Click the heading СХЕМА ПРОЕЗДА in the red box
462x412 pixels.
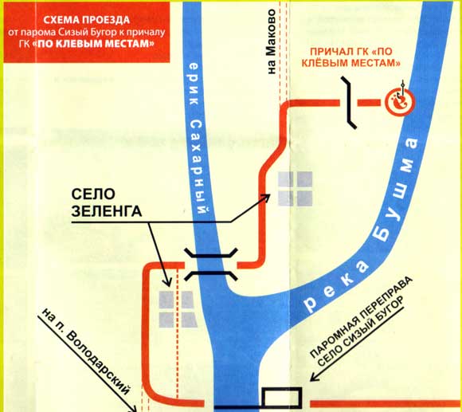click(x=86, y=20)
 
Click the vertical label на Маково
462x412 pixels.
click(x=272, y=41)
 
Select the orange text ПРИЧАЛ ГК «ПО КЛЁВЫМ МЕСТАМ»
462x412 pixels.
click(x=351, y=57)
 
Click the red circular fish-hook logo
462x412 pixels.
click(x=400, y=102)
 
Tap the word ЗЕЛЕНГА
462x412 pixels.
click(x=107, y=211)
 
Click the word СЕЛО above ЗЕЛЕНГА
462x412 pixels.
click(x=93, y=194)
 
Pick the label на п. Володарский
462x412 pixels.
click(x=86, y=351)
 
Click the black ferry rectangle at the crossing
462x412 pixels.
click(x=282, y=398)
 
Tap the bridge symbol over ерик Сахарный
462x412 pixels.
click(x=210, y=265)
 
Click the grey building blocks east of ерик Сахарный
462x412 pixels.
click(x=296, y=189)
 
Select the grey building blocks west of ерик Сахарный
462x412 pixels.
click(x=178, y=309)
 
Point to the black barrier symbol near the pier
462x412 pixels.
click(x=349, y=103)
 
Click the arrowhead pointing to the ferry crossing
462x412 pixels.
click(x=314, y=378)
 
